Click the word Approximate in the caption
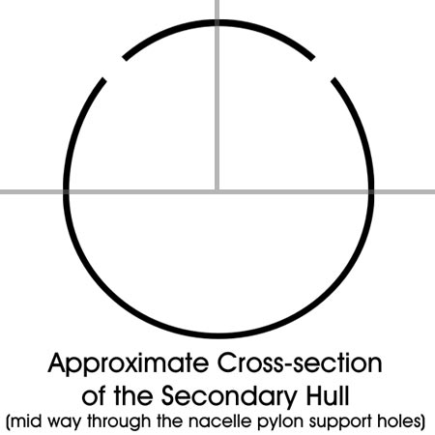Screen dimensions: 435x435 [x=129, y=364]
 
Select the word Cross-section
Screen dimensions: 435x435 [x=300, y=362]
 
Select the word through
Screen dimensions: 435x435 [x=119, y=422]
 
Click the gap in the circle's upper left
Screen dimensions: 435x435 [x=114, y=69]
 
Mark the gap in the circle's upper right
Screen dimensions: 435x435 [x=323, y=69]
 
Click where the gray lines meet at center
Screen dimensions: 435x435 [x=217, y=191]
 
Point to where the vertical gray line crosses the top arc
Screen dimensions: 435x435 [x=217, y=22]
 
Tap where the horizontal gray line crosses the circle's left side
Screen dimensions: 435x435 [x=66, y=191]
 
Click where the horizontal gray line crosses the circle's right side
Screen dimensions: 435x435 [x=371, y=191]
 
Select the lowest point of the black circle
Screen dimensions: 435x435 [x=217, y=335]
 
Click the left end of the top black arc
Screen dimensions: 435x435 [x=125, y=58]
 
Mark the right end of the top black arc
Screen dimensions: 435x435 [x=312, y=58]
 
